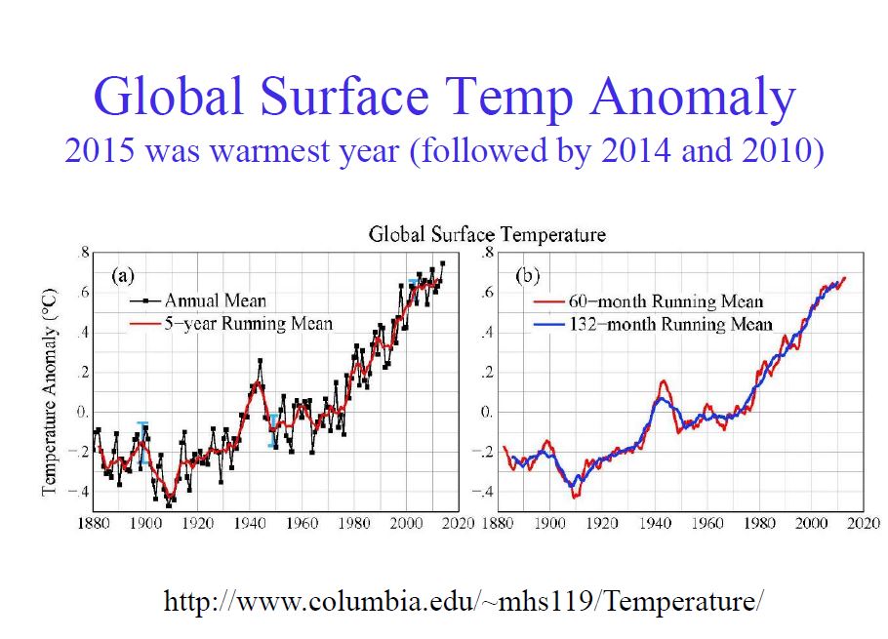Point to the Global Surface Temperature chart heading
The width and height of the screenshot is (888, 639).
[487, 235]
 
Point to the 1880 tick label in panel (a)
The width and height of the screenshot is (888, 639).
[96, 524]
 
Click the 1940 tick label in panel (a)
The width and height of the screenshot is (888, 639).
[252, 524]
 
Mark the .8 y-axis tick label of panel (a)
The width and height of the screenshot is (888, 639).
[84, 254]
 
